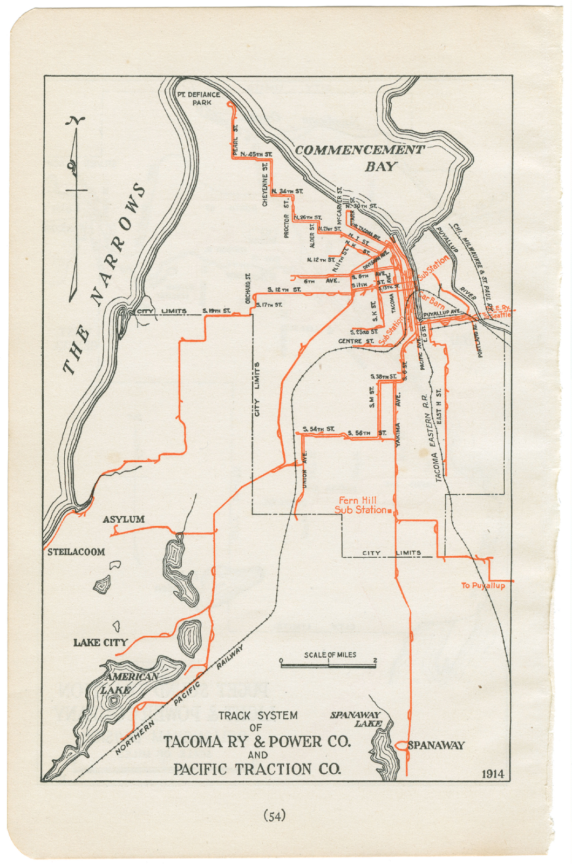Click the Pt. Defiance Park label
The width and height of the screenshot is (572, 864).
tap(199, 98)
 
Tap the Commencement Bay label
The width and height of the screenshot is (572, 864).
tap(360, 157)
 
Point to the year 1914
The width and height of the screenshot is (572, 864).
tap(493, 774)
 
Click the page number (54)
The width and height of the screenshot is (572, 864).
tap(274, 815)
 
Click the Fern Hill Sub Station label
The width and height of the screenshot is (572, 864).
tap(360, 505)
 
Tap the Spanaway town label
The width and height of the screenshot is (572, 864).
tap(436, 745)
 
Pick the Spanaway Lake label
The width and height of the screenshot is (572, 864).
tap(356, 719)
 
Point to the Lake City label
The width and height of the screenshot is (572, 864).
tap(100, 642)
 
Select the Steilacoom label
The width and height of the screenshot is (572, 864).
tap(76, 551)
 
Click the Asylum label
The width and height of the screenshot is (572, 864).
tap(124, 519)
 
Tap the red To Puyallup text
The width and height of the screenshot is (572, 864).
tap(483, 585)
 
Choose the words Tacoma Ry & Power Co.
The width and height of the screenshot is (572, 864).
tap(257, 741)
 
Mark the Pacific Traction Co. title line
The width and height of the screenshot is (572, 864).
tap(257, 769)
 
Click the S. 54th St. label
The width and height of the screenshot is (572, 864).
tap(318, 429)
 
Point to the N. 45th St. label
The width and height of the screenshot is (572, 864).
tap(256, 154)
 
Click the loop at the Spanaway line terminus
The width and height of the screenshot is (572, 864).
tap(401, 745)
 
